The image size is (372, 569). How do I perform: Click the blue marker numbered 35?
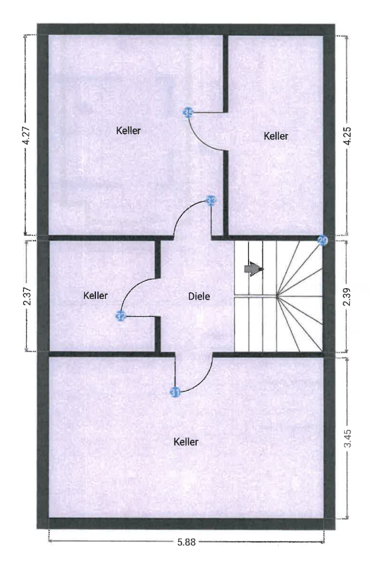[x=188, y=113]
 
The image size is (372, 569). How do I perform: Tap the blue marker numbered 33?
[x=211, y=199]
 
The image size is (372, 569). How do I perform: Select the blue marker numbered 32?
[x=121, y=316]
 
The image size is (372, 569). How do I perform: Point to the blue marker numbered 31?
[x=175, y=392]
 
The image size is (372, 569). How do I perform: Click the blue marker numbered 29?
[x=323, y=241]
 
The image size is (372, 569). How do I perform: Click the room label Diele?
[x=199, y=296]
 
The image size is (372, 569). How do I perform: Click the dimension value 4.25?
[x=347, y=136]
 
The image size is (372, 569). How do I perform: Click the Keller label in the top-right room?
[x=276, y=136]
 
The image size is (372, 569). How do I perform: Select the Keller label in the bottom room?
[x=186, y=442]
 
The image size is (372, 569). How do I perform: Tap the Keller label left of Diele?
[x=95, y=295]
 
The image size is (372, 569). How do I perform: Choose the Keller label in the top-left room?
[x=128, y=131]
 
